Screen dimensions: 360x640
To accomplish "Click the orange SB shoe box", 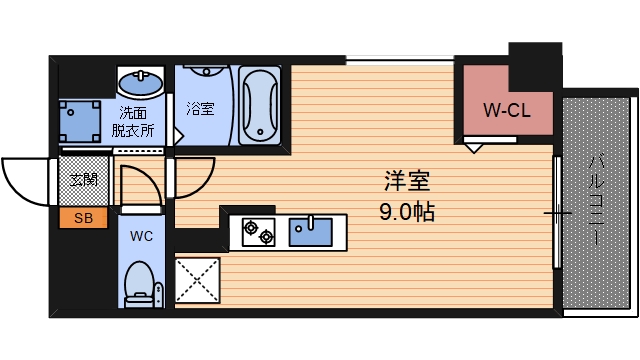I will [x=77, y=218].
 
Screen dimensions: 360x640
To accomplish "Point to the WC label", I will [x=140, y=237].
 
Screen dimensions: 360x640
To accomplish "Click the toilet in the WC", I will [x=140, y=283].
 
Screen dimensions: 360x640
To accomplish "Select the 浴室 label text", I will [x=200, y=108].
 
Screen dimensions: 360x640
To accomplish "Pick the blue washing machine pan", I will [x=80, y=120].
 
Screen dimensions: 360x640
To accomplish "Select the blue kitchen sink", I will [x=314, y=231].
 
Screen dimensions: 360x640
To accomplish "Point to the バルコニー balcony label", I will [x=597, y=200].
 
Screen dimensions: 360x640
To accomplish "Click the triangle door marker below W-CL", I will [x=476, y=148].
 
